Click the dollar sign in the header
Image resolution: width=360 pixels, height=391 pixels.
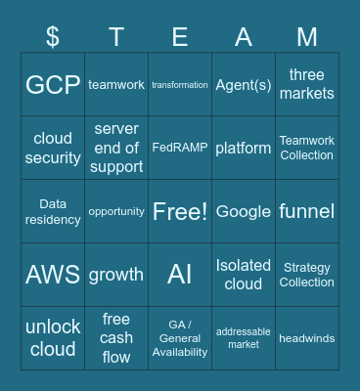coord(53,37)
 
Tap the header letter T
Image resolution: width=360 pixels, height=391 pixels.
coord(116,37)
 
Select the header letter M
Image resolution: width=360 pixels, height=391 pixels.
coord(307,37)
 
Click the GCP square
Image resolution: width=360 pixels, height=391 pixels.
coord(53,85)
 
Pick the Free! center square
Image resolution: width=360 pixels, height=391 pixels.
coord(180,212)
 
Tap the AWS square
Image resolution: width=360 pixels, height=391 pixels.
coord(53,275)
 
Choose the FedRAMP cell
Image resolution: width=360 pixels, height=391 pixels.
coord(180,148)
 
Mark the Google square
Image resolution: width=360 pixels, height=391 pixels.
coord(244,212)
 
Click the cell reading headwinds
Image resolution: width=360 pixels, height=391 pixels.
coord(307,338)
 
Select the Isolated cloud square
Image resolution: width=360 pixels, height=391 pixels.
coord(244,275)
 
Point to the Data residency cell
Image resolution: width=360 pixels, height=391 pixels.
coord(53,212)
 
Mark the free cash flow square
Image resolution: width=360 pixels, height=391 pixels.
coord(116,338)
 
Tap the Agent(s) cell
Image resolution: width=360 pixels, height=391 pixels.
coord(244,85)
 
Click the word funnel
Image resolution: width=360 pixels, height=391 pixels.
coord(307,212)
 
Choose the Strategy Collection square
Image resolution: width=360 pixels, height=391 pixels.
coord(307,275)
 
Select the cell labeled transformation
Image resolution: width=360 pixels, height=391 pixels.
coord(180,85)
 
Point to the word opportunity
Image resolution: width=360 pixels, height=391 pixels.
coord(116,211)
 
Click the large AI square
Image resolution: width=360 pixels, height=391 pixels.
coord(180,275)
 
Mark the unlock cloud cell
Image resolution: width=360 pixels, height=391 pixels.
coord(53,338)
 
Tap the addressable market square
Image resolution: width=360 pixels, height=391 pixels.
coord(244,338)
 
